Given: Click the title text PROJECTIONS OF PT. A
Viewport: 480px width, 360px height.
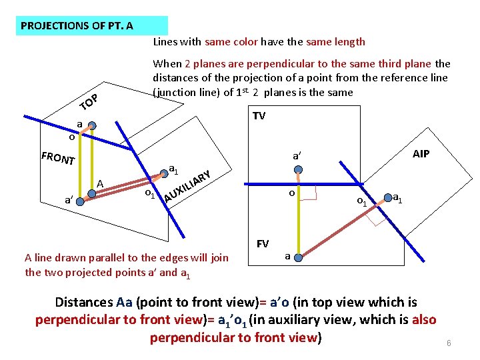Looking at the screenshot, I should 77,26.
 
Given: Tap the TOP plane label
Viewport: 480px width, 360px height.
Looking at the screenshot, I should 89,102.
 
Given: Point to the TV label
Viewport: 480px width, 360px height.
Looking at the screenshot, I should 259,116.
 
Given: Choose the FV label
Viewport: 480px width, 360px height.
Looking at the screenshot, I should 263,243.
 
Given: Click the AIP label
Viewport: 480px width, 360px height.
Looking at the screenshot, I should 421,153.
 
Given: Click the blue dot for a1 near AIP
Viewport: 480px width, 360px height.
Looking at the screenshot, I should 387,197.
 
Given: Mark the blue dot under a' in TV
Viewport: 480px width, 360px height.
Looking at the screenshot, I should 299,170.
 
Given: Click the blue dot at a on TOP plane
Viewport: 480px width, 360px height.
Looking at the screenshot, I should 93,125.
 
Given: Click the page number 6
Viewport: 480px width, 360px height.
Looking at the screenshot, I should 449,343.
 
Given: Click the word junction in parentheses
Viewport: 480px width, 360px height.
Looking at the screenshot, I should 177,93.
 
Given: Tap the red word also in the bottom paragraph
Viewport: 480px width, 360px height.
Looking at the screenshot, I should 424,319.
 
